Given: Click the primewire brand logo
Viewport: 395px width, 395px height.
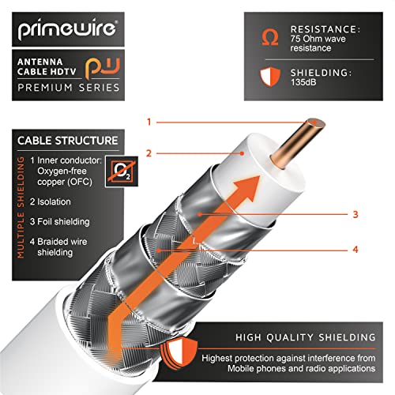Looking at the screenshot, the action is [x=67, y=29].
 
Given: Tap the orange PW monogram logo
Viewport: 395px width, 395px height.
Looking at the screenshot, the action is [x=103, y=67].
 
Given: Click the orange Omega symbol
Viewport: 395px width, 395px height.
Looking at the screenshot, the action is [x=270, y=37].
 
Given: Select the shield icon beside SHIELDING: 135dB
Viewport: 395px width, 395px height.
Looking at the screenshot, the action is [x=270, y=77].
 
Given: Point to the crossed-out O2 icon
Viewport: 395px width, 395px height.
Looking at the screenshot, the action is [x=122, y=171].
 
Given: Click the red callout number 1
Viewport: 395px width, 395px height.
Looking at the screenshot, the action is [x=149, y=122].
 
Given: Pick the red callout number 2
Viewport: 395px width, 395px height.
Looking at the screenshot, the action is [x=149, y=153].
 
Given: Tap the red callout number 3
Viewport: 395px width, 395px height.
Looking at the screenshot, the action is [x=355, y=214].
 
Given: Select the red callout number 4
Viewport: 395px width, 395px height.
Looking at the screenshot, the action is [x=355, y=250].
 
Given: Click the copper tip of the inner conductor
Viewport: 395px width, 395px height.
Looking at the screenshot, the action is [x=316, y=123].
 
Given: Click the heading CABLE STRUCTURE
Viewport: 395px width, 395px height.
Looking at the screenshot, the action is [x=68, y=141].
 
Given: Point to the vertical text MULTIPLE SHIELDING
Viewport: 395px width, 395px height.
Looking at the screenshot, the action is [x=21, y=207].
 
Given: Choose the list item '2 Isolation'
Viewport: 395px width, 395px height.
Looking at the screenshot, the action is [x=51, y=201].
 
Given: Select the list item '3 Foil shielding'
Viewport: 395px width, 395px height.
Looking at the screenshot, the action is [x=60, y=222].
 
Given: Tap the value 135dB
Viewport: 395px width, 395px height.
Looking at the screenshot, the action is [x=303, y=82].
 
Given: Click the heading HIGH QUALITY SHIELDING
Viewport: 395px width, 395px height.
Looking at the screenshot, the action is [x=306, y=337].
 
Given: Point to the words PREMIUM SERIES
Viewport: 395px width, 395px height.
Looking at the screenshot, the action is [x=69, y=88].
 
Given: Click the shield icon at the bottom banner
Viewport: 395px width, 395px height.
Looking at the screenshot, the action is [x=179, y=354].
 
